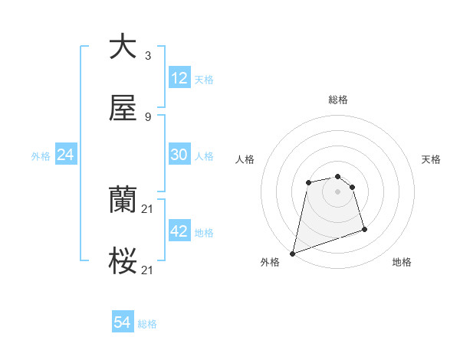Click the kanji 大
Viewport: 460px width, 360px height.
click(123, 47)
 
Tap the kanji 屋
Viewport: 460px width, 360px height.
click(123, 109)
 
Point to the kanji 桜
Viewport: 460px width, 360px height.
click(123, 262)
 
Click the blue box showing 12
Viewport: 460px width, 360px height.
click(179, 78)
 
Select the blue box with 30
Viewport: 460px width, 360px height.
click(179, 155)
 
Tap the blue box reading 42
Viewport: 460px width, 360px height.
click(179, 231)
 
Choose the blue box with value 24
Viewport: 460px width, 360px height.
click(66, 155)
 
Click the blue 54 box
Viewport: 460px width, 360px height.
click(123, 323)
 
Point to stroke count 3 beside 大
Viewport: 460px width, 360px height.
click(148, 56)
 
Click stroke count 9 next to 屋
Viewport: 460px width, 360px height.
click(148, 117)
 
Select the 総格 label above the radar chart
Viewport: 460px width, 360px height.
click(338, 100)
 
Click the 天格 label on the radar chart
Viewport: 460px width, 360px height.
click(431, 159)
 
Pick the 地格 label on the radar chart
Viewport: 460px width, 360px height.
click(402, 263)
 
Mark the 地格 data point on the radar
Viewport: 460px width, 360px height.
click(364, 229)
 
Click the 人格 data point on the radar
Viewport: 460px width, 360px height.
click(308, 182)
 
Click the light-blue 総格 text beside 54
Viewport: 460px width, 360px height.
click(147, 324)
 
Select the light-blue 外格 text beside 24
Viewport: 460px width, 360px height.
click(41, 155)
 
